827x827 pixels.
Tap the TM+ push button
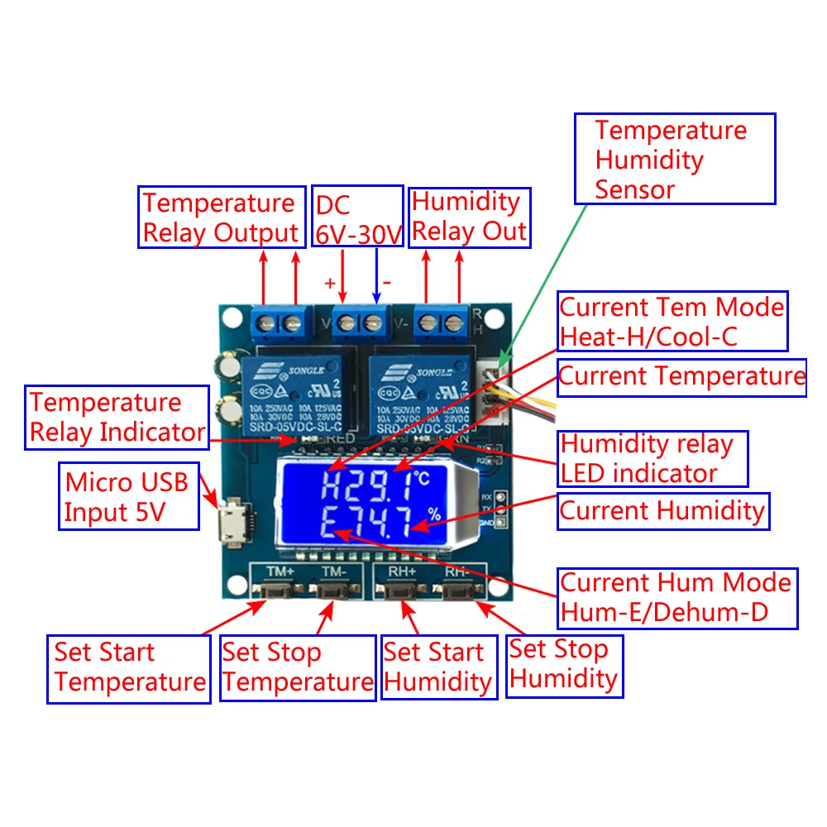(271, 590)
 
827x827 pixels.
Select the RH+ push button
(399, 590)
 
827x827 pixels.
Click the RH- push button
(457, 590)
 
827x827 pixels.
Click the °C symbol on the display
(423, 478)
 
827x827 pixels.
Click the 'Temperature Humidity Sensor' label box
(675, 159)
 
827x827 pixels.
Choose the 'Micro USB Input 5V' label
(131, 496)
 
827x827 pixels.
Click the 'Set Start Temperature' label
(129, 668)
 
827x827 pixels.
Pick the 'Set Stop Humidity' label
(564, 664)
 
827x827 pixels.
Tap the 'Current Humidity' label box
(662, 510)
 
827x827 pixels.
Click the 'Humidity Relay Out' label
(468, 217)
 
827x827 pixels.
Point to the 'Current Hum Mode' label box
(676, 597)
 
